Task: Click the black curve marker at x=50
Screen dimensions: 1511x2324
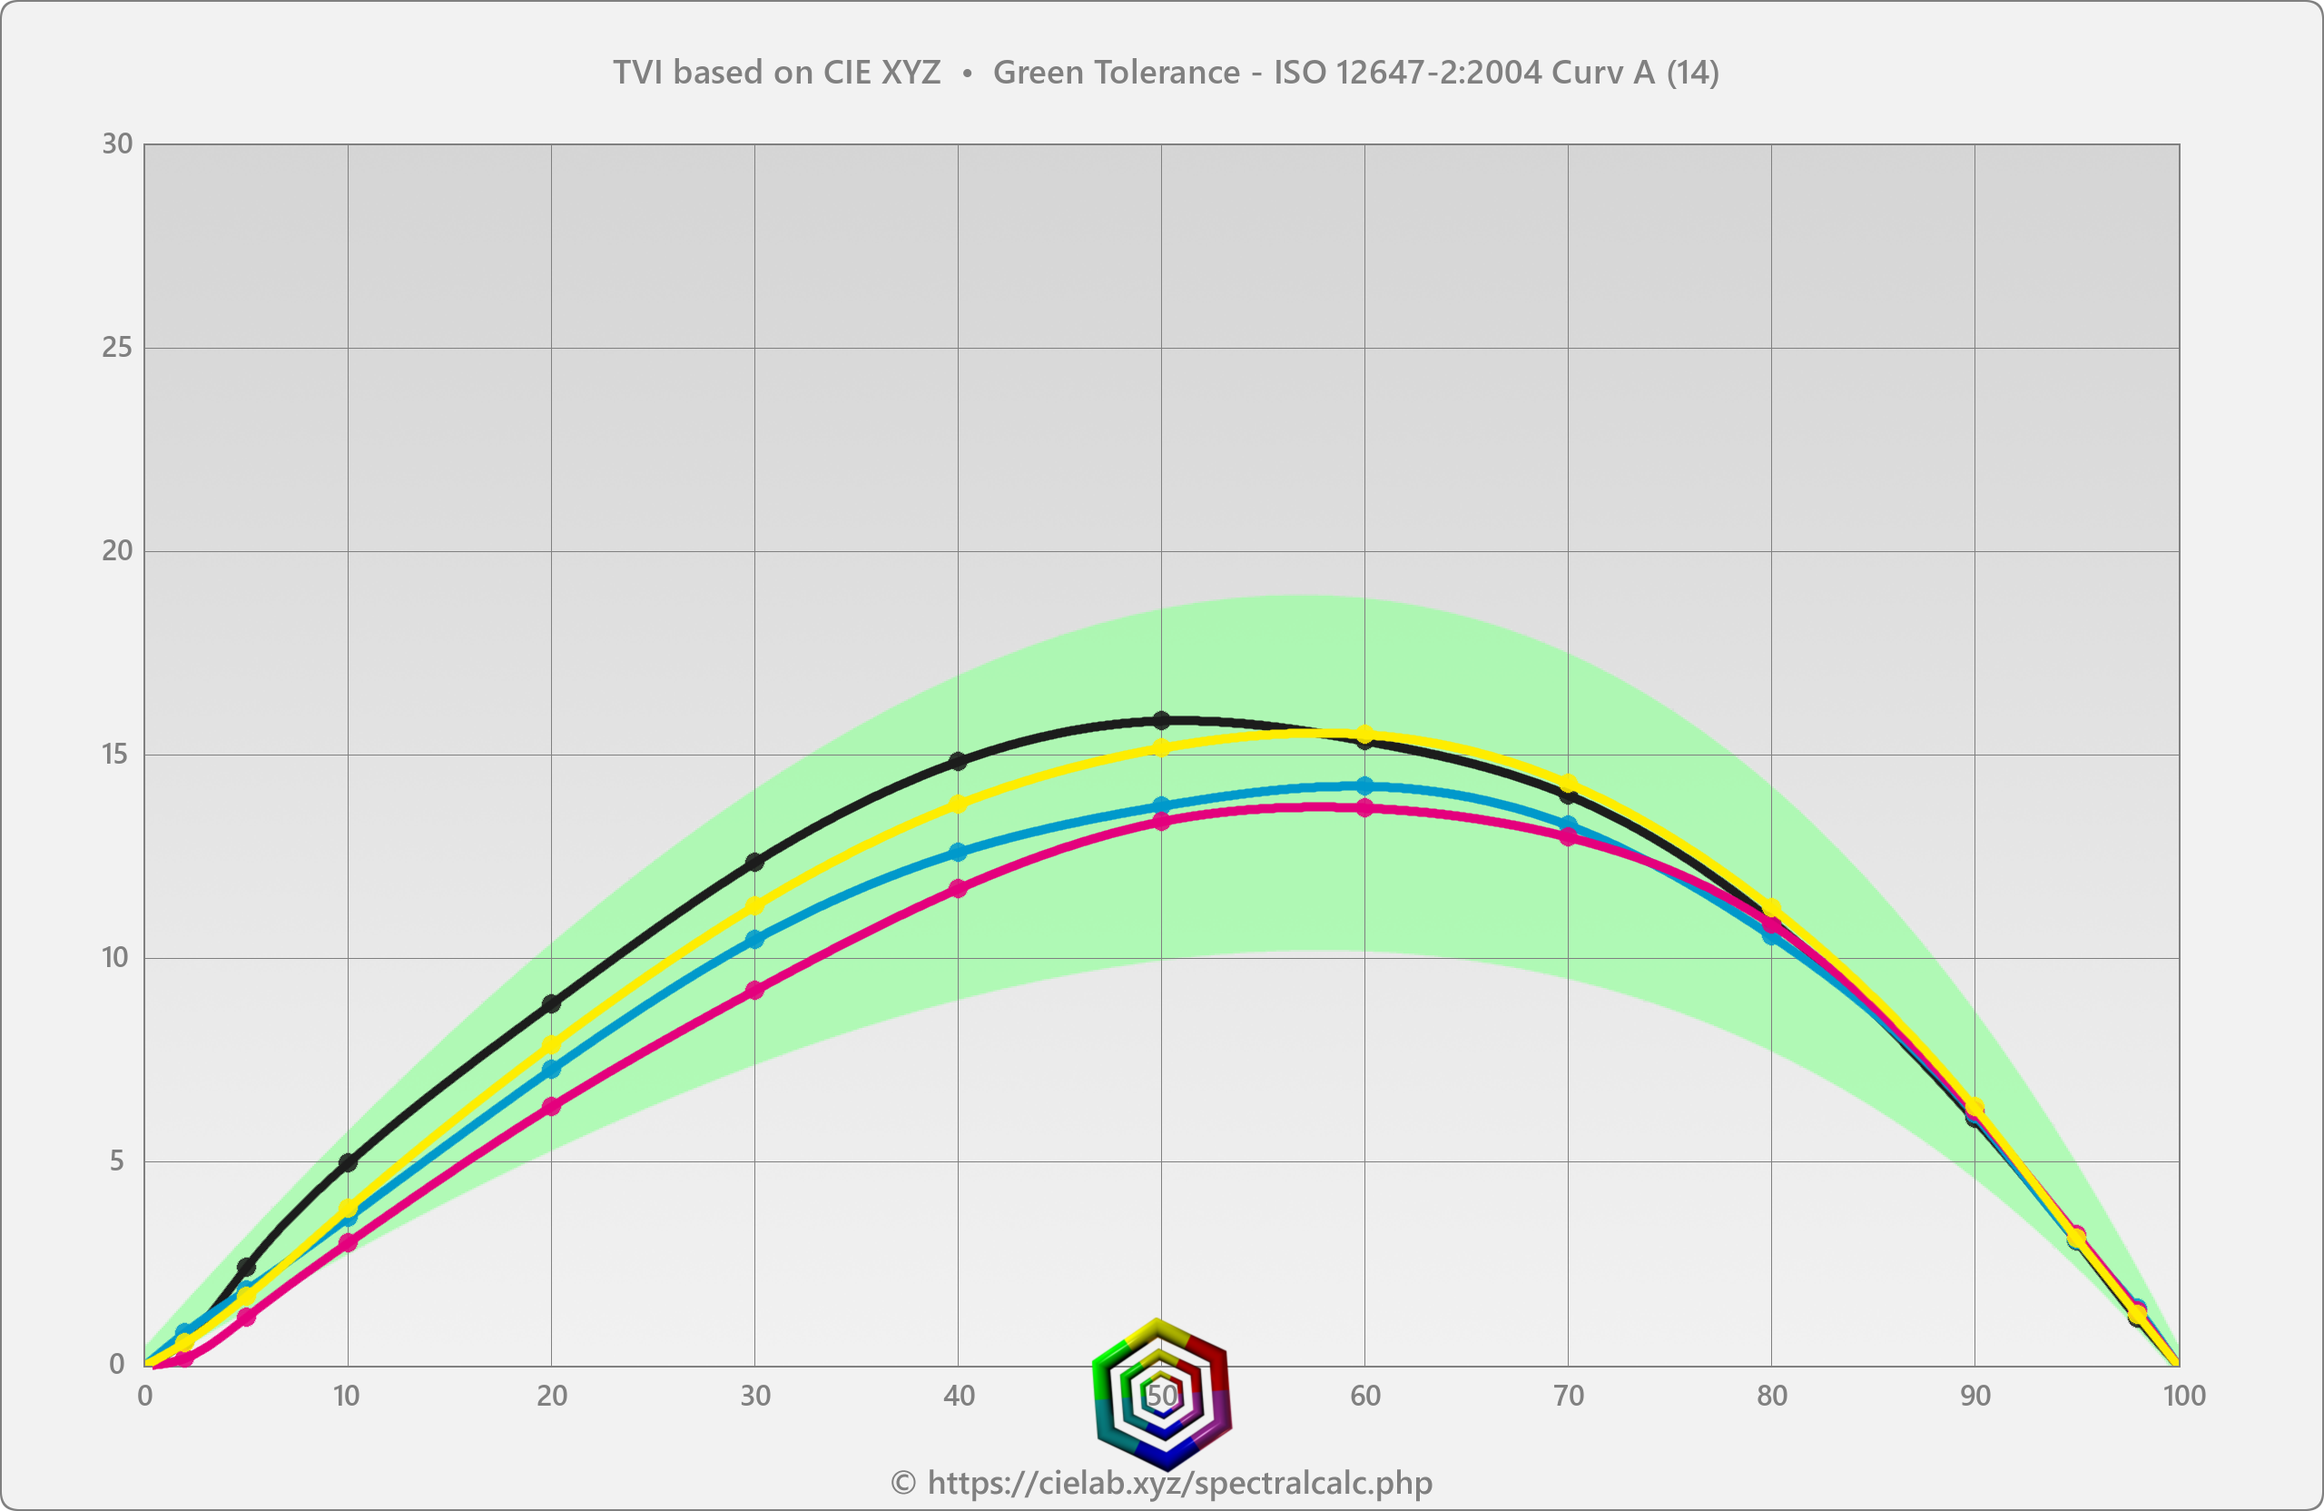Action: click(1161, 720)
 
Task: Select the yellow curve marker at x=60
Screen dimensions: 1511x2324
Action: click(1365, 735)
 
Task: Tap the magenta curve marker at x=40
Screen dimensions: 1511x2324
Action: click(958, 888)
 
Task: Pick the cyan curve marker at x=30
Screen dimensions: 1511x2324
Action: click(754, 939)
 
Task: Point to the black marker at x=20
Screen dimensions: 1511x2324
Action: click(551, 1003)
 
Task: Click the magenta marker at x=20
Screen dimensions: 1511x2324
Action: click(551, 1106)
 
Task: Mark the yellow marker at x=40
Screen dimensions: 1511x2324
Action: click(958, 804)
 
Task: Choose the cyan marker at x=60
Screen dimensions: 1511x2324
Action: click(1365, 785)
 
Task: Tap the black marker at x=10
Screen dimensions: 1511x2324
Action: click(348, 1162)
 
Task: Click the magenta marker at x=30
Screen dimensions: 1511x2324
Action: click(754, 990)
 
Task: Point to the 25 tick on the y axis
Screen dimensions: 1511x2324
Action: click(117, 348)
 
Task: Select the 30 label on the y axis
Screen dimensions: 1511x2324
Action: click(117, 144)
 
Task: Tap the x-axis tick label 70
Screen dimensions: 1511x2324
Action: click(1568, 1396)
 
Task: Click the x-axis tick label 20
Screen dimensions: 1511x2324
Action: click(551, 1396)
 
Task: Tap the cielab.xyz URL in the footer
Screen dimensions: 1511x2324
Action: click(1179, 1483)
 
